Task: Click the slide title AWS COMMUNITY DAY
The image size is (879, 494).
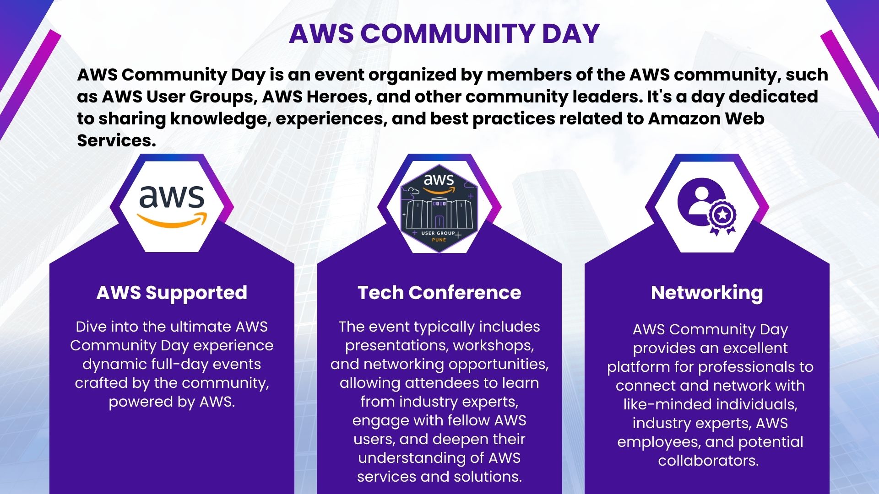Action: click(444, 33)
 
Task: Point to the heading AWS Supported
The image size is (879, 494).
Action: click(172, 293)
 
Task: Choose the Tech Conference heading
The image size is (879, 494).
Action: click(439, 293)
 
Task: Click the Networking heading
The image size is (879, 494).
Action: click(707, 293)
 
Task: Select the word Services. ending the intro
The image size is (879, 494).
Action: click(116, 140)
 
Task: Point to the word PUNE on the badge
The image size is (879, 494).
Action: click(439, 240)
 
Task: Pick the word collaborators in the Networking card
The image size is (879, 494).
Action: click(708, 461)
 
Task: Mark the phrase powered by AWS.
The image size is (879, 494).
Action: click(172, 402)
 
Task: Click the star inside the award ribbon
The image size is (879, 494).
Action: click(722, 214)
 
